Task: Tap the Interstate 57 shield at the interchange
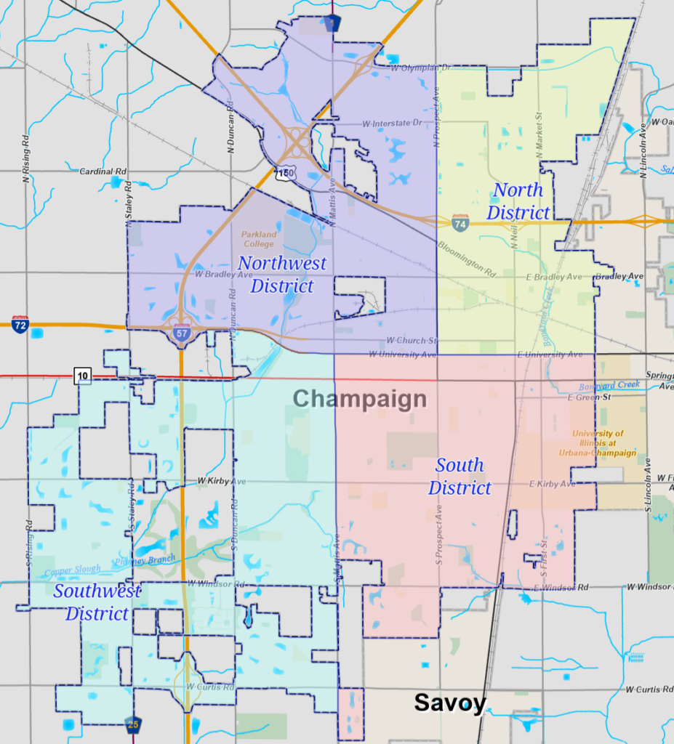(182, 333)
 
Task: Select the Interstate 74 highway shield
(460, 223)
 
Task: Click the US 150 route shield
(284, 174)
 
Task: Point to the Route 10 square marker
(83, 375)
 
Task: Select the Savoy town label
(449, 703)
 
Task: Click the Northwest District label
(282, 274)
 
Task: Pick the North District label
(518, 201)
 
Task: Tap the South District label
(460, 477)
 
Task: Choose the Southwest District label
(97, 602)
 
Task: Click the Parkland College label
(259, 239)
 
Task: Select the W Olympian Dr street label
(422, 68)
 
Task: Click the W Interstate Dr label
(391, 124)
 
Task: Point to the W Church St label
(412, 340)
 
